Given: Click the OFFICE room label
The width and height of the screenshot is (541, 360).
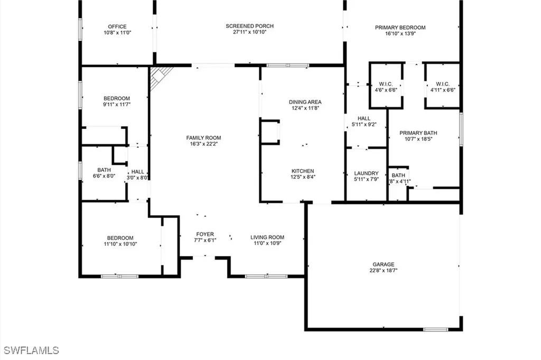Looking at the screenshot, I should [117, 26].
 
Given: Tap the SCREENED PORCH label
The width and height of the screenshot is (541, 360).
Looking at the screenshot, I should [249, 26].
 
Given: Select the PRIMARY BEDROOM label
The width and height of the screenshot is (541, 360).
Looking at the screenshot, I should [400, 27].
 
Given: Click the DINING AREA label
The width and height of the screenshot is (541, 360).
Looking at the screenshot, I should [305, 102].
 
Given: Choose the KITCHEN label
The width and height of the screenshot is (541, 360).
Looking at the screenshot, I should [303, 171].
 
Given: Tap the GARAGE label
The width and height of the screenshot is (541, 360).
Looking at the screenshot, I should [384, 264].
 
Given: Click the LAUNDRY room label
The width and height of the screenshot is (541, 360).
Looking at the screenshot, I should [366, 173].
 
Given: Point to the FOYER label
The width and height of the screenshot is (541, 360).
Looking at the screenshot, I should [205, 234].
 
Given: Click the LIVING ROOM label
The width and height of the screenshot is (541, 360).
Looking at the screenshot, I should [267, 238].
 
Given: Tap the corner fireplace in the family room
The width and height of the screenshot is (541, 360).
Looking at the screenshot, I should [158, 77].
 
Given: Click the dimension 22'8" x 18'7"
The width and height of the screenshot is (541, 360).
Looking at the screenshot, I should [384, 271].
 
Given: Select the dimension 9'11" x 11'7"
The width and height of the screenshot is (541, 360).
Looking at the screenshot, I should [117, 105].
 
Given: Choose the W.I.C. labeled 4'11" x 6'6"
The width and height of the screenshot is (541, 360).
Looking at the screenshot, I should [442, 87].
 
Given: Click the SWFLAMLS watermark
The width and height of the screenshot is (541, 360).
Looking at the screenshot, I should [31, 350].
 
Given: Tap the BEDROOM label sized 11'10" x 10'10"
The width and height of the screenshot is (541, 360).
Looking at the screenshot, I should [120, 238].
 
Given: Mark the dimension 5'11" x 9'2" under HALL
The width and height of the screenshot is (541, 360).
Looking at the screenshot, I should [364, 125].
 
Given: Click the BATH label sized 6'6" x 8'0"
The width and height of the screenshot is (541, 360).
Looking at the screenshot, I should [104, 170].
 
